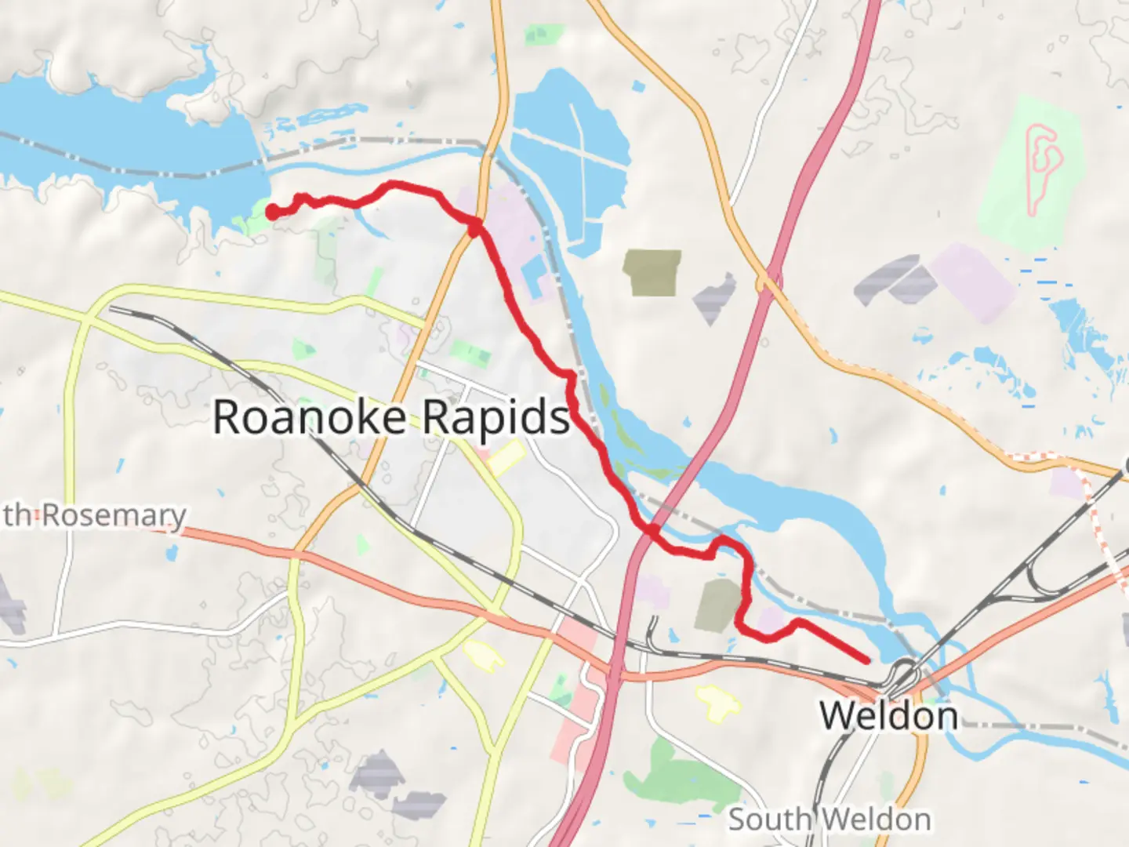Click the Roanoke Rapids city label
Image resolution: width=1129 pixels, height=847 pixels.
click(391, 416)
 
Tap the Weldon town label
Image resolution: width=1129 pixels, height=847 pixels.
click(888, 716)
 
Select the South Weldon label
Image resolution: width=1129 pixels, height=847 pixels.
click(830, 820)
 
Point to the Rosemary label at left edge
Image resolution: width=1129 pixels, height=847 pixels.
click(94, 515)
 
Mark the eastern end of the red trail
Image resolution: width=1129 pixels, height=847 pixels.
click(866, 660)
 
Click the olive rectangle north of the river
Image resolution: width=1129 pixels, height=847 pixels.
click(652, 272)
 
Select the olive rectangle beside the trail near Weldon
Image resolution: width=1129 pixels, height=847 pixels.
click(718, 604)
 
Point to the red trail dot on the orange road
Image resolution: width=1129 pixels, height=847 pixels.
click(474, 227)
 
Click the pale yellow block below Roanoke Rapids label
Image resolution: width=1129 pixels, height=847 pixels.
click(506, 457)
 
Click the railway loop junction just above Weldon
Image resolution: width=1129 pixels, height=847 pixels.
click(902, 674)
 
